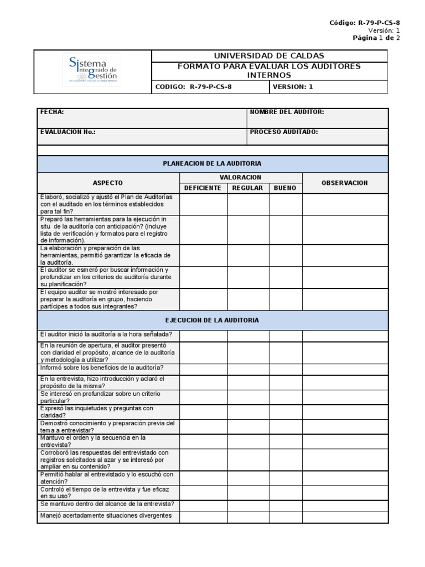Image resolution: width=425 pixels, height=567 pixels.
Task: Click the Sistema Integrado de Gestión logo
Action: pyautogui.click(x=92, y=71)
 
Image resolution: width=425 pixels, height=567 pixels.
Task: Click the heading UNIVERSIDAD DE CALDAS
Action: pyautogui.click(x=269, y=56)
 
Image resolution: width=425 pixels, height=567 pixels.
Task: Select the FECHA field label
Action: pyautogui.click(x=52, y=112)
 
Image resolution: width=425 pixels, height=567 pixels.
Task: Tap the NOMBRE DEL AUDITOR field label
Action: pyautogui.click(x=287, y=112)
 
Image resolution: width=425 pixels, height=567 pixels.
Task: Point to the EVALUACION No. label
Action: pyautogui.click(x=68, y=132)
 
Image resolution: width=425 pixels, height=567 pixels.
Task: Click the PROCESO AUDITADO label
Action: pyautogui.click(x=283, y=132)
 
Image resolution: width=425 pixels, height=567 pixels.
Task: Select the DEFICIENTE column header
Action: pyautogui.click(x=203, y=188)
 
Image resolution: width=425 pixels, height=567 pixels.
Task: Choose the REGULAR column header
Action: pyautogui.click(x=247, y=188)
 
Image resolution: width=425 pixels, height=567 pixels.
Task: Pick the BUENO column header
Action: pyautogui.click(x=285, y=188)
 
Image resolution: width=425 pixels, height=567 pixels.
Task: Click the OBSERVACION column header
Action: pyautogui.click(x=345, y=183)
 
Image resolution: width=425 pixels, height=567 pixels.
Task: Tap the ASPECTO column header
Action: pyautogui.click(x=108, y=183)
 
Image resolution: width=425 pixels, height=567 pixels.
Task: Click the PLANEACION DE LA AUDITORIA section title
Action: pyautogui.click(x=212, y=164)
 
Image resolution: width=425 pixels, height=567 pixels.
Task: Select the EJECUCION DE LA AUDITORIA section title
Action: pyautogui.click(x=212, y=320)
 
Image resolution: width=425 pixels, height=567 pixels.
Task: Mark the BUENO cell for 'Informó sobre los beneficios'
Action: pyautogui.click(x=285, y=368)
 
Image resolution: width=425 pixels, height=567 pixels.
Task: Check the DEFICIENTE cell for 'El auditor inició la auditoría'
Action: pyautogui.click(x=203, y=334)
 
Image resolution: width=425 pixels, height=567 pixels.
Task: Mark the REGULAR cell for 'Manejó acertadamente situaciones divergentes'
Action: pyautogui.click(x=248, y=517)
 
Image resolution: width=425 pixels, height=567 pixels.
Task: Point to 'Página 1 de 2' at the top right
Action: pyautogui.click(x=376, y=38)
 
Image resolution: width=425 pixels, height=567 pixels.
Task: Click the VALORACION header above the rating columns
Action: pyautogui.click(x=241, y=177)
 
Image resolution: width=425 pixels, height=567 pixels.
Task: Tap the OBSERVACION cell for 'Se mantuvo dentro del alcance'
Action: pyautogui.click(x=345, y=504)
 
